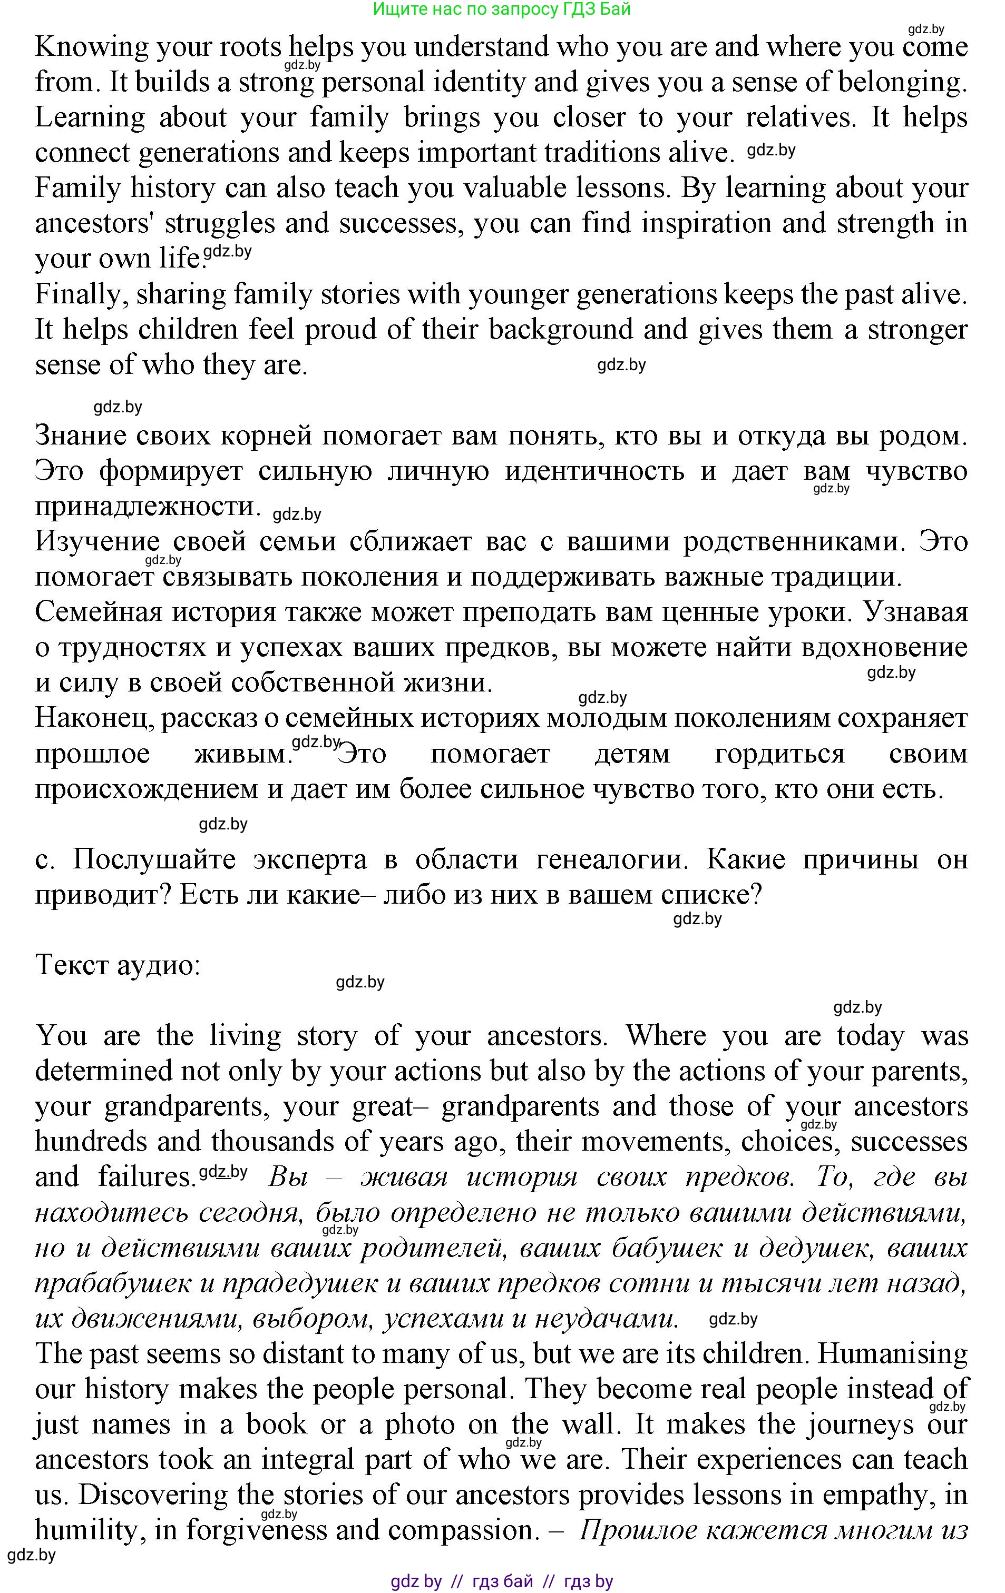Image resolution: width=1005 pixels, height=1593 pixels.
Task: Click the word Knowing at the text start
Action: [x=83, y=47]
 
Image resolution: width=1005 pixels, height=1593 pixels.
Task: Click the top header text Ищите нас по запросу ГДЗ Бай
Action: [x=501, y=9]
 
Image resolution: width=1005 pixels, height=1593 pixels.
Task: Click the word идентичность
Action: [x=594, y=471]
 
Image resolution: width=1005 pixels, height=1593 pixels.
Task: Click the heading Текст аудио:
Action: [x=117, y=965]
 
